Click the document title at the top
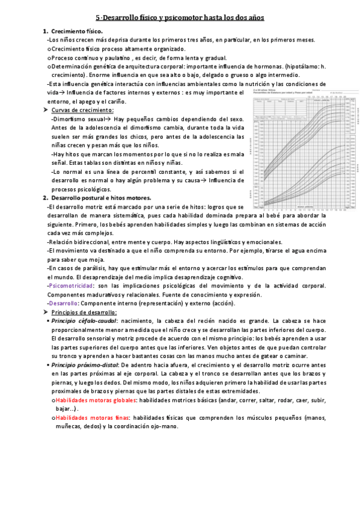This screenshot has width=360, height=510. point(180,18)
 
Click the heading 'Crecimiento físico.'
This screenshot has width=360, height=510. point(77,31)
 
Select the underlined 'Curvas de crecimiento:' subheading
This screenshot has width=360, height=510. point(82,111)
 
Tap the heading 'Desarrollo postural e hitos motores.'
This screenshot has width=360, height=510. point(101,198)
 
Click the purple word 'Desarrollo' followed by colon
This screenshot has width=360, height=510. point(63,303)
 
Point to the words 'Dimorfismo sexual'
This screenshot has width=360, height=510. point(75,120)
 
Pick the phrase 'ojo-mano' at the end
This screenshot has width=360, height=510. point(166,426)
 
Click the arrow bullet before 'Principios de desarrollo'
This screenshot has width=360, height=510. point(45,313)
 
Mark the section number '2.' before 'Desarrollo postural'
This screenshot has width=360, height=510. point(45,198)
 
